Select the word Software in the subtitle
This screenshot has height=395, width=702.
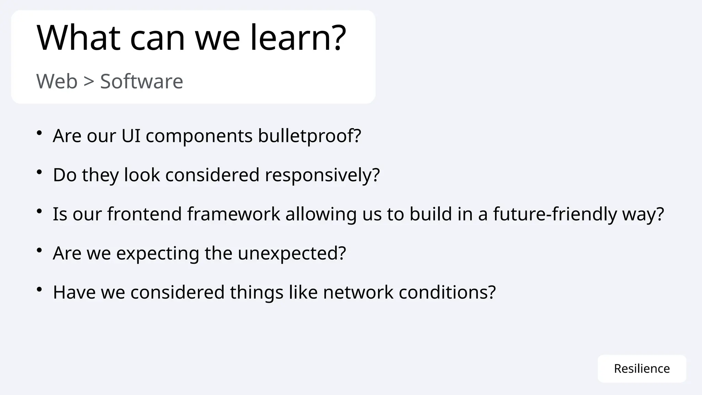tap(142, 82)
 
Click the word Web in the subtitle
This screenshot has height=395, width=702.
tap(57, 82)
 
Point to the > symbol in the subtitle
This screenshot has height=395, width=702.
tap(89, 82)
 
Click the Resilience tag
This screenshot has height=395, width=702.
tap(642, 369)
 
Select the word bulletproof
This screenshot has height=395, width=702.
tap(309, 136)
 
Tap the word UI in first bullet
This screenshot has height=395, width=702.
tap(131, 136)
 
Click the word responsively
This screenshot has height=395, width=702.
tap(322, 175)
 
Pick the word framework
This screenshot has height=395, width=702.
tap(234, 214)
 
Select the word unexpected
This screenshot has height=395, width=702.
tap(292, 253)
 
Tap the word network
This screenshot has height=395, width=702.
tap(358, 292)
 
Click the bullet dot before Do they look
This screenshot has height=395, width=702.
tap(39, 172)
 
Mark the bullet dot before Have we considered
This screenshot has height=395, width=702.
tap(39, 289)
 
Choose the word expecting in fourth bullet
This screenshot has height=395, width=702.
tap(158, 254)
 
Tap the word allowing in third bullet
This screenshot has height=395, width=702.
tap(321, 215)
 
